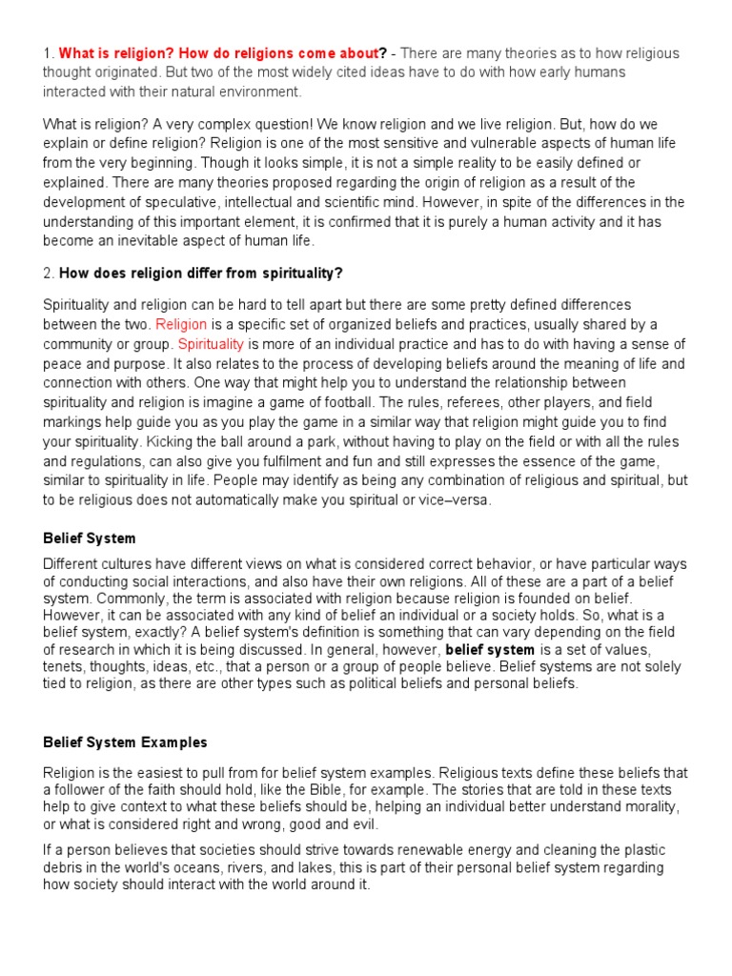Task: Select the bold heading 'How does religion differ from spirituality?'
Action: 200,274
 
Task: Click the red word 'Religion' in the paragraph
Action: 181,324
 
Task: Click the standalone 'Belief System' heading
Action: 90,539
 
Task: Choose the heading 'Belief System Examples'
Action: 125,742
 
